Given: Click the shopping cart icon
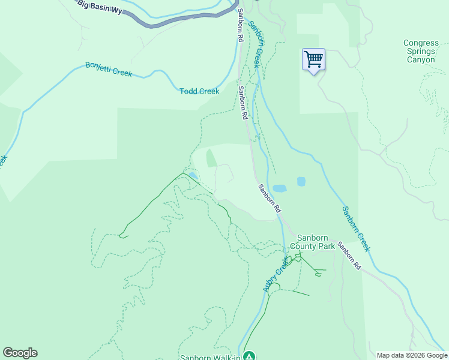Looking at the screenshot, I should [x=313, y=59].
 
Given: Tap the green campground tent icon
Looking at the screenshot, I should [x=249, y=356].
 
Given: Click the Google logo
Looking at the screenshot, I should [x=20, y=353].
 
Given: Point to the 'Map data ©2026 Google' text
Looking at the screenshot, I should [x=411, y=355].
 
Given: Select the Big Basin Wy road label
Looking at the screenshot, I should [x=100, y=6].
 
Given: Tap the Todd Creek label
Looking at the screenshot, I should [x=199, y=91].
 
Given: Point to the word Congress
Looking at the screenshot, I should [x=421, y=43].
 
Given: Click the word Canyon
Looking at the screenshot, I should [x=421, y=59].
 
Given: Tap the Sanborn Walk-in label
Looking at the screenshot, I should [x=210, y=358].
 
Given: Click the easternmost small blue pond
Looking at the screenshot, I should [x=301, y=181].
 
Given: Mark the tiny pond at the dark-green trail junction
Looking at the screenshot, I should [x=193, y=176].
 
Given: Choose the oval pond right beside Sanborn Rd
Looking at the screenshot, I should [x=280, y=188].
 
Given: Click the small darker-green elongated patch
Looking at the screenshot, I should [x=211, y=159].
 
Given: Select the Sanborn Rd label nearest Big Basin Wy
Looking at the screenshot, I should [x=240, y=25].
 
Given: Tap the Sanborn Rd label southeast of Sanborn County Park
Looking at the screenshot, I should [x=349, y=255].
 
